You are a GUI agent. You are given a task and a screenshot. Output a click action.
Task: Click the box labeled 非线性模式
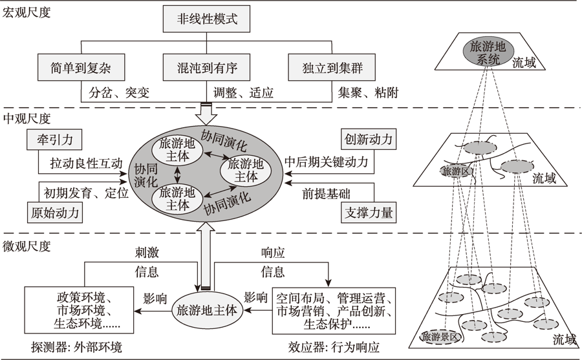[x=207, y=18]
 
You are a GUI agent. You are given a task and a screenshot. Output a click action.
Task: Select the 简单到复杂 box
[x=81, y=67]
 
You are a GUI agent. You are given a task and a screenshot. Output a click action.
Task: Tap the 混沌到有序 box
[x=207, y=67]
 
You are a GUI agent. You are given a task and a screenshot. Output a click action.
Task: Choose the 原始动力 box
[x=57, y=211]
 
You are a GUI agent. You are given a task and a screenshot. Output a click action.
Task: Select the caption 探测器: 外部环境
[x=71, y=347]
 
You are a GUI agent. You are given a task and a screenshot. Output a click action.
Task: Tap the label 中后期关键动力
[x=326, y=162]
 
